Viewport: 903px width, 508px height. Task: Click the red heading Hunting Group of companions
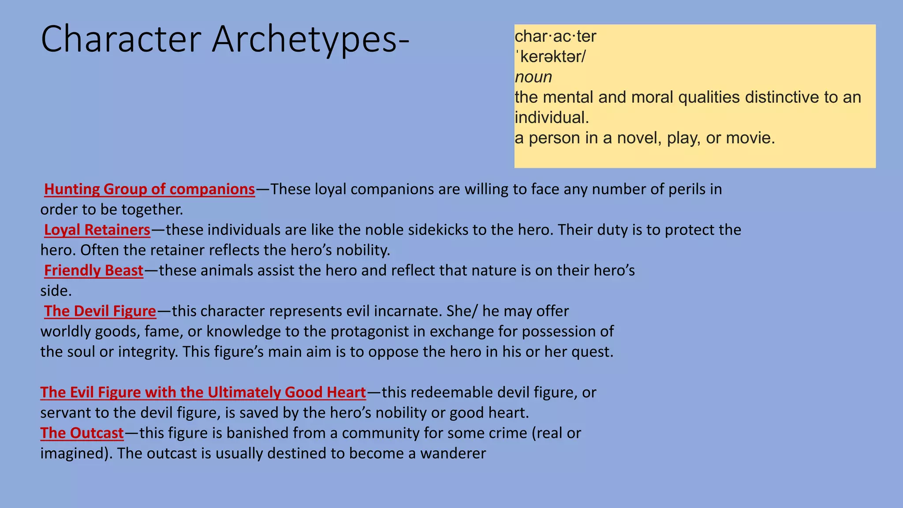point(149,189)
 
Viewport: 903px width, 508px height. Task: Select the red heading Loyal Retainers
point(97,230)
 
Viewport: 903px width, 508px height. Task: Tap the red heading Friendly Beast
point(93,270)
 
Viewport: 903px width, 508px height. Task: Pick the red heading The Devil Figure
point(100,311)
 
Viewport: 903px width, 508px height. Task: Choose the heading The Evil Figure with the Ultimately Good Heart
point(203,392)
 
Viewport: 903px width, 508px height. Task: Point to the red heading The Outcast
point(82,433)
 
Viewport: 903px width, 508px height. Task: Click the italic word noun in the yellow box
point(533,77)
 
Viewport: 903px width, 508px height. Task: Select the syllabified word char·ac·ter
point(555,37)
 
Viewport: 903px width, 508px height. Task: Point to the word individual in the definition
point(551,118)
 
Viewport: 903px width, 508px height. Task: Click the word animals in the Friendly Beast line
point(227,270)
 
